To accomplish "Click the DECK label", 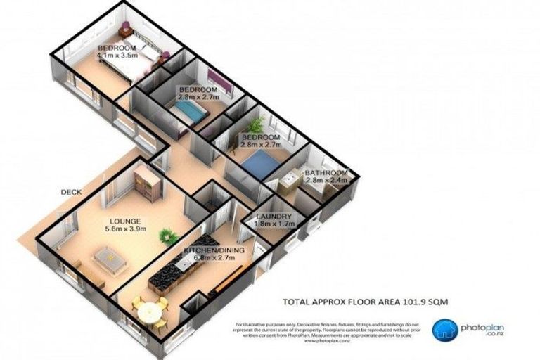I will (72, 192).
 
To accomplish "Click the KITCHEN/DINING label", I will (208, 250).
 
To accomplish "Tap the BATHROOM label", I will (326, 173).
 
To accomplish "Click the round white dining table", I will (148, 311).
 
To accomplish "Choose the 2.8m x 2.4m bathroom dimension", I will (326, 181).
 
